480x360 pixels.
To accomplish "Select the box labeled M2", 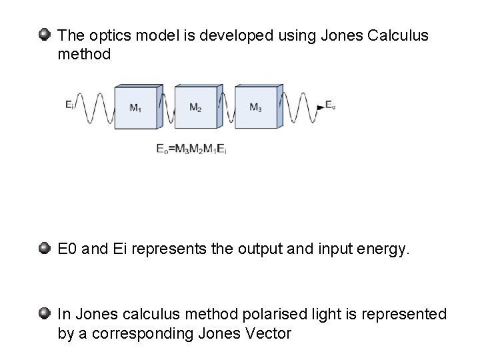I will pos(197,107).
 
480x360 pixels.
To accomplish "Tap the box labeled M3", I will pos(256,107).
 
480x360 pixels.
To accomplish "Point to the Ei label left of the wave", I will pos(70,104).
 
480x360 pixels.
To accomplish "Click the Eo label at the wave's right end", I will pos(329,105).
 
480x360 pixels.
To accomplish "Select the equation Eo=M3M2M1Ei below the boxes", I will pos(191,149).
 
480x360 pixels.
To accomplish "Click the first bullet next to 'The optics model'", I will pos(44,33).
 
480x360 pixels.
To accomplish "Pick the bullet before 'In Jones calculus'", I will pos(44,313).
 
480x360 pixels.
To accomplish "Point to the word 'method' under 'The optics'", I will pos(84,54).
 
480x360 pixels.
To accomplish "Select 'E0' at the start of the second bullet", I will pos(68,251).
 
